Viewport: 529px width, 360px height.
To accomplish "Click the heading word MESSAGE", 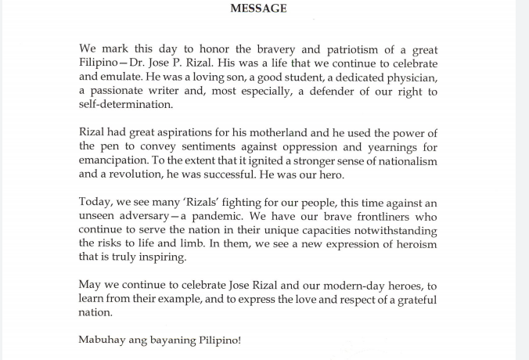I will point(258,9).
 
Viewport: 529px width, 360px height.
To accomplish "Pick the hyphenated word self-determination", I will point(126,106).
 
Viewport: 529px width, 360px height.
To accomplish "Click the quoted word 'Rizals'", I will point(205,203).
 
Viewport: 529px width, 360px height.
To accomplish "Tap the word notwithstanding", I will point(392,231).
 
